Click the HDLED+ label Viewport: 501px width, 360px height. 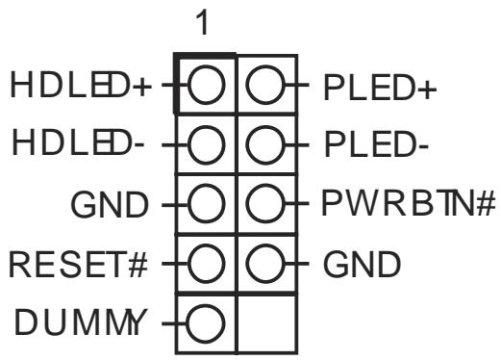point(81,85)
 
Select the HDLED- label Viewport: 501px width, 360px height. point(78,144)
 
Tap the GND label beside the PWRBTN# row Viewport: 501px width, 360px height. point(110,204)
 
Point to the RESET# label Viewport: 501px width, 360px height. point(78,265)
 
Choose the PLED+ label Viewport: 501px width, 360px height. point(380,88)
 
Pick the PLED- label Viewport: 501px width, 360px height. point(376,144)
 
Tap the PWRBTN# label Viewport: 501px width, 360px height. point(409,203)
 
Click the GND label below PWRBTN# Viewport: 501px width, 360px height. point(362,265)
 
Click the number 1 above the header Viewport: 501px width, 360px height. point(203,22)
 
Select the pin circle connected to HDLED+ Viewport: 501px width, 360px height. point(206,85)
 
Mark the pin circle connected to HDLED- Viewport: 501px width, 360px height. point(206,144)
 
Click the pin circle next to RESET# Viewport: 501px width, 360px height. point(206,264)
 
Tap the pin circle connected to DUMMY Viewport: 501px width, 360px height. point(205,323)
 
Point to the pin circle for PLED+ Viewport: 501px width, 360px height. point(265,85)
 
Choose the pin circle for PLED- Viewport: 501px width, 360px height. point(265,144)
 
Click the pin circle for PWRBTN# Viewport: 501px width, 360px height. point(265,203)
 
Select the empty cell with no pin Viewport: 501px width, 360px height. point(266,323)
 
